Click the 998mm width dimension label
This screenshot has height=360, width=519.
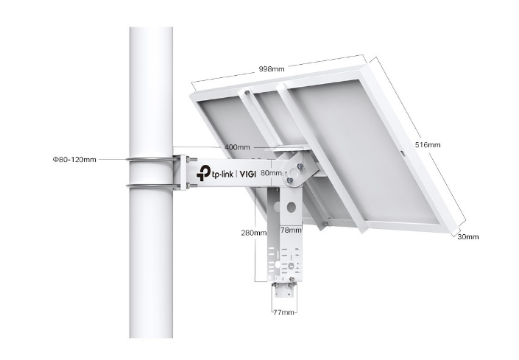point(272,68)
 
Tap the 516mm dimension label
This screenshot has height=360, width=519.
point(428,144)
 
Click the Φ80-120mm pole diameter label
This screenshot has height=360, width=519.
point(74,159)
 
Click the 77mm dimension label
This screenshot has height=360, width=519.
point(283,313)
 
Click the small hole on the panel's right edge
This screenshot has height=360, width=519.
point(403,153)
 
